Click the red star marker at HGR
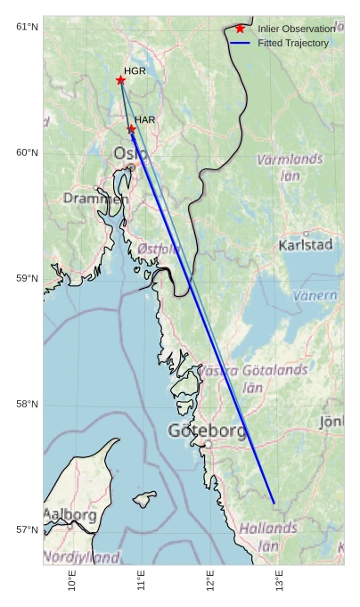click(x=120, y=80)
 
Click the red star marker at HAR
click(x=131, y=129)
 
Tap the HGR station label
click(x=135, y=70)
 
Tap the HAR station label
click(x=145, y=119)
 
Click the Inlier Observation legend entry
click(x=296, y=29)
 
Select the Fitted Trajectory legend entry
click(x=293, y=43)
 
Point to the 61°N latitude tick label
click(x=28, y=27)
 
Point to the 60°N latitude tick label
click(x=28, y=152)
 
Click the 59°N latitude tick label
click(x=28, y=278)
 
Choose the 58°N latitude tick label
click(x=28, y=404)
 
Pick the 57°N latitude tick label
click(x=28, y=529)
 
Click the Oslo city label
click(x=131, y=154)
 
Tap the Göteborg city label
click(x=208, y=431)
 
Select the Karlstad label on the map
click(x=306, y=244)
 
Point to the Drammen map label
click(x=95, y=198)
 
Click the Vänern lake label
click(x=315, y=295)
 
